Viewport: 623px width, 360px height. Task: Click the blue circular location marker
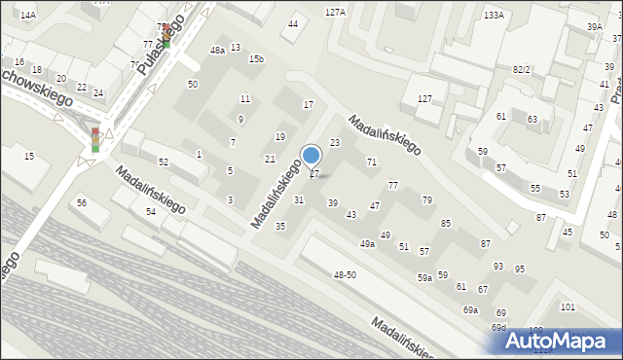[x=311, y=155]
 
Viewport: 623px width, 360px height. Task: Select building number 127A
[x=335, y=13]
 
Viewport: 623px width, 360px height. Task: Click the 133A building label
[x=494, y=15]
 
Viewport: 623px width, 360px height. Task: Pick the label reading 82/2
[x=521, y=70]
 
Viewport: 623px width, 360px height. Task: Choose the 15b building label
[x=256, y=59]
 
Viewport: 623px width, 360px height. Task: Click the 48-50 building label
[x=345, y=275]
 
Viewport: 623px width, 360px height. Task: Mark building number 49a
[x=367, y=244]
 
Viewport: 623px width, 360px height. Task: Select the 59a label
[x=425, y=278]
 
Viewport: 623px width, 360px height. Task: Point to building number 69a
[x=470, y=309]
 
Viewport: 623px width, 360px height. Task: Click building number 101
[x=568, y=307]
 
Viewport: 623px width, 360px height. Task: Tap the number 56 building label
[x=82, y=202]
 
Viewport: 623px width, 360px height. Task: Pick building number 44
[x=293, y=23]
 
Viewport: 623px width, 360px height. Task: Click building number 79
[x=426, y=199]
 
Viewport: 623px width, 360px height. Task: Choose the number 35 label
[x=280, y=226]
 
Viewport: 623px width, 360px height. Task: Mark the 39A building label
[x=595, y=26]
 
